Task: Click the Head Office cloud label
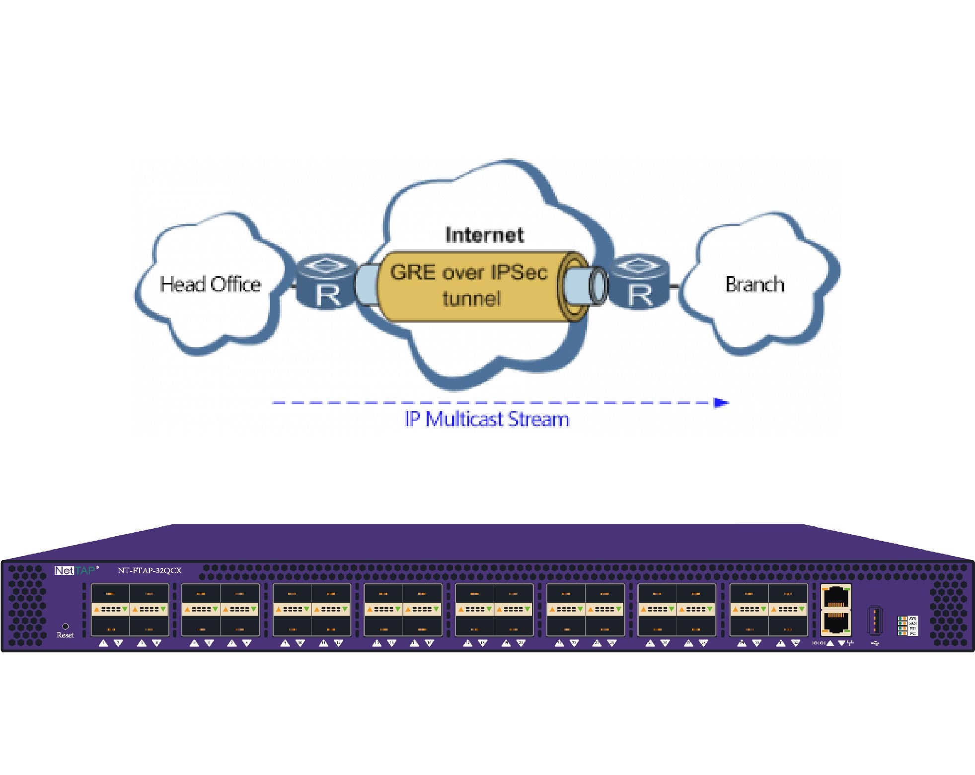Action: point(210,284)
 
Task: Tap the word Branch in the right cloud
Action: point(754,284)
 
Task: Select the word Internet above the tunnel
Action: point(484,235)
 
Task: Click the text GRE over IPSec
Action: point(468,273)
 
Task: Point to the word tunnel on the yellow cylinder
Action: point(471,299)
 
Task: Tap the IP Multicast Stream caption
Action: point(487,420)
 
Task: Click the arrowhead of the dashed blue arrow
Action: point(721,403)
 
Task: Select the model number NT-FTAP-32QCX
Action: point(150,570)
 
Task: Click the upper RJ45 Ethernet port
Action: point(836,597)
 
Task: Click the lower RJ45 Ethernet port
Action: point(836,623)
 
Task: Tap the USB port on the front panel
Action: point(875,620)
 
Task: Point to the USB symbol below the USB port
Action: point(875,643)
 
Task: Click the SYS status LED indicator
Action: point(902,619)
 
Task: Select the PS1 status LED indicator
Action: point(902,629)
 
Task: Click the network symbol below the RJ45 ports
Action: point(850,643)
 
